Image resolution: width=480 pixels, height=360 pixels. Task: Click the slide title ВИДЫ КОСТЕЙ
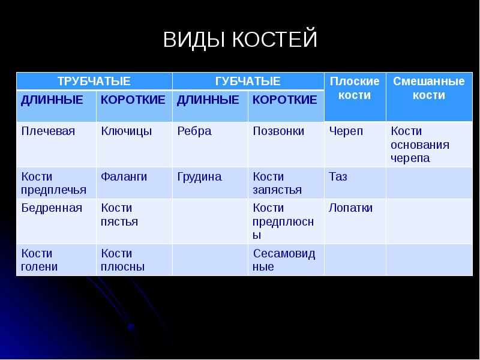[239, 40]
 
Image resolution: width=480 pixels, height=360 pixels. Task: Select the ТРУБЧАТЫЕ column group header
[94, 81]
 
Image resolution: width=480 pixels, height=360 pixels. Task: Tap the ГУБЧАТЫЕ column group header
[248, 81]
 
